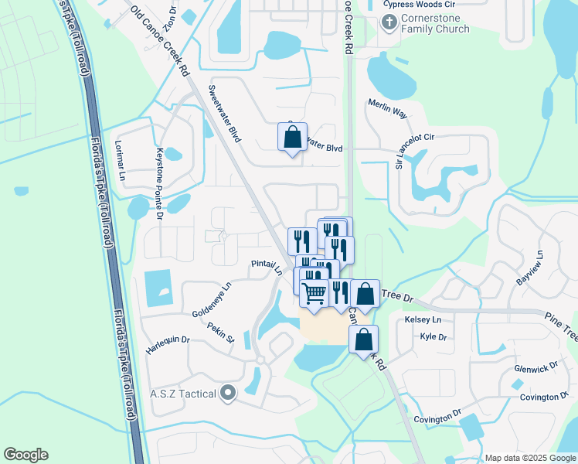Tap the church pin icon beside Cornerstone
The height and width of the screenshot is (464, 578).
coord(389,23)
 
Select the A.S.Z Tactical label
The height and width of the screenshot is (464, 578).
coord(182,394)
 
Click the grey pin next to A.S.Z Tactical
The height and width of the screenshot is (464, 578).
coord(227,394)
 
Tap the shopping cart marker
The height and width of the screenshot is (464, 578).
coord(314,293)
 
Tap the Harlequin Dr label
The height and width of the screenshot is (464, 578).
coord(168,345)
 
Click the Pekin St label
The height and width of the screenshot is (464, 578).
coord(221,332)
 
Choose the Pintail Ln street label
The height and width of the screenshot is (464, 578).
coord(267,267)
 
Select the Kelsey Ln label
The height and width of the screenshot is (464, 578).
coord(423,319)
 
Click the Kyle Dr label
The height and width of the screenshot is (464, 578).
coord(433,337)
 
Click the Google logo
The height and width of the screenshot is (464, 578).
coord(25,455)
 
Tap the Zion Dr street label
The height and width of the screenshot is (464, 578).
coord(170,15)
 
